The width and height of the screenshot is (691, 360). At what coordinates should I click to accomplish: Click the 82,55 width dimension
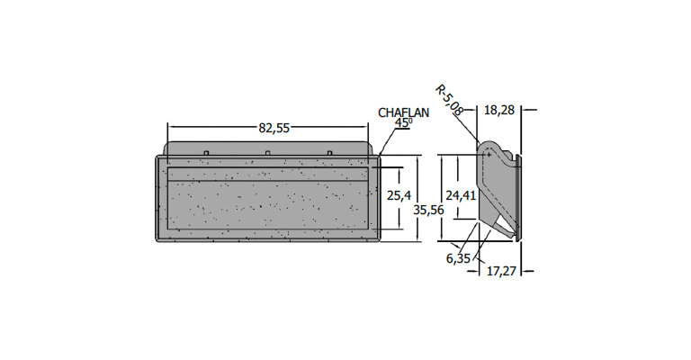tap(274, 128)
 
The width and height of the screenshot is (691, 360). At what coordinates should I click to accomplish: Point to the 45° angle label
tap(402, 123)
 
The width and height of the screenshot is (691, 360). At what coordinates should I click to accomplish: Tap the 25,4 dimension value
tap(399, 194)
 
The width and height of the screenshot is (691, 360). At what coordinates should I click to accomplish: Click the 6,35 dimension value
tap(459, 258)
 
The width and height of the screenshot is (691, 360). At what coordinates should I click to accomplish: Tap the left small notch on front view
tap(206, 153)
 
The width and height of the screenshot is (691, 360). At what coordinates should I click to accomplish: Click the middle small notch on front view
tap(268, 153)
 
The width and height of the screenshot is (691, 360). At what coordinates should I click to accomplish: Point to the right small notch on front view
tap(329, 153)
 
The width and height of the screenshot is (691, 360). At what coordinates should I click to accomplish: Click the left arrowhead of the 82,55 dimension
tap(171, 128)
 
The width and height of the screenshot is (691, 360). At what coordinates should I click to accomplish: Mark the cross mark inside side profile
tap(487, 154)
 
